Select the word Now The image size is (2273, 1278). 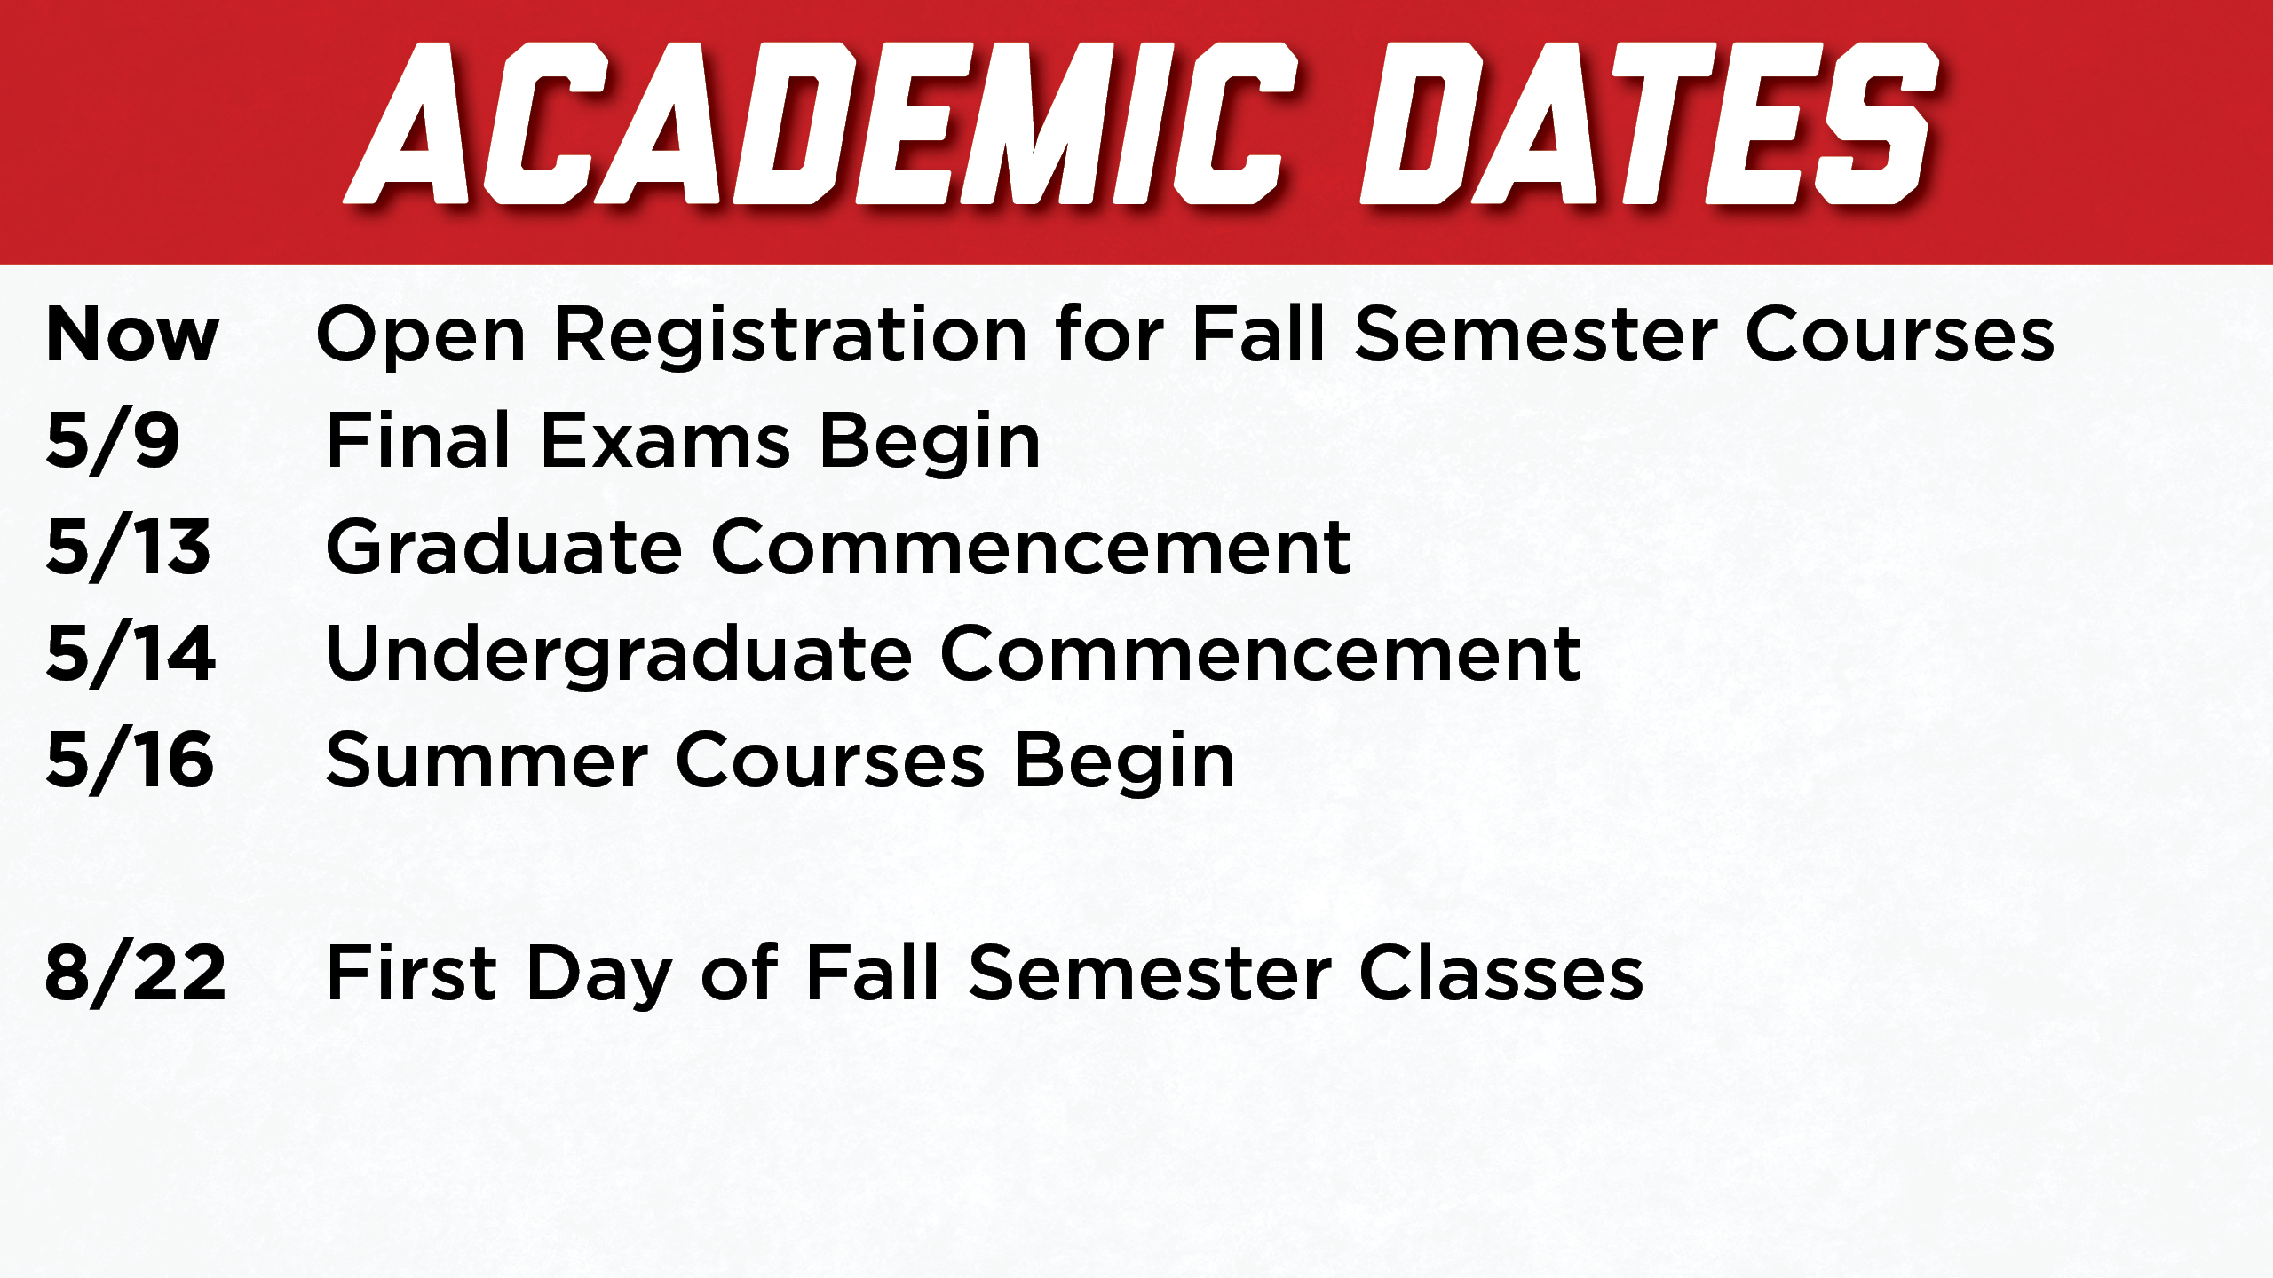132,335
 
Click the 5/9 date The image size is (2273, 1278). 113,441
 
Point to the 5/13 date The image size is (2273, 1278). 129,548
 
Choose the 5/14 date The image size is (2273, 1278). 131,654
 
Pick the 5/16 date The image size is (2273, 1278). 130,761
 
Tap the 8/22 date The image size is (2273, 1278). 136,974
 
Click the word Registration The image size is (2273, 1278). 791,337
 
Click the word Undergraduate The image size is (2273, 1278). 620,655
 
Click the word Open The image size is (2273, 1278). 421,337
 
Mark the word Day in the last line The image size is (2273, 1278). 599,976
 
